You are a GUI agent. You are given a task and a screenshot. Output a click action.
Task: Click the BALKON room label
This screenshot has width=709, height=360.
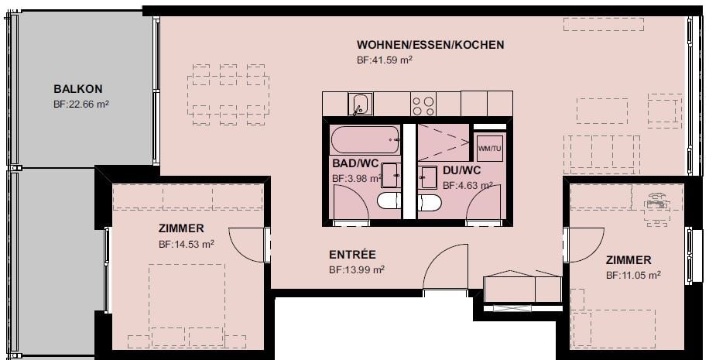click(77, 89)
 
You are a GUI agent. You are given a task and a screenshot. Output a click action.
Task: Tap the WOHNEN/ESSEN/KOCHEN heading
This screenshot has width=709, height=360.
click(430, 45)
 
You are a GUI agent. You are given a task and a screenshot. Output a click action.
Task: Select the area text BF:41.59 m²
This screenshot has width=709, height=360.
click(383, 60)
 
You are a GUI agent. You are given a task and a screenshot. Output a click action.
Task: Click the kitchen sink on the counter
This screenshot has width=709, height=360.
click(360, 104)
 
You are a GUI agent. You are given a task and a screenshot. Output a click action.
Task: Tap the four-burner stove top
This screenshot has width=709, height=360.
click(423, 104)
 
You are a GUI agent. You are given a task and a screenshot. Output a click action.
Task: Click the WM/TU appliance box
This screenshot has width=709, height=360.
click(490, 147)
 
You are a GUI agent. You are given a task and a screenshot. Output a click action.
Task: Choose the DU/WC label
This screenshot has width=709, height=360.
click(462, 170)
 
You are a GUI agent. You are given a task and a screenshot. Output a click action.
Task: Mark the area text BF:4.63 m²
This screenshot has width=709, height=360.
click(468, 185)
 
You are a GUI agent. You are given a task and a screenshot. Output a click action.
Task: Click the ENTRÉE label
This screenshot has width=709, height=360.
click(352, 255)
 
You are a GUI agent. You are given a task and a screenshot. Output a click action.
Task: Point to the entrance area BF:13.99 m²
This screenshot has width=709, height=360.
click(357, 269)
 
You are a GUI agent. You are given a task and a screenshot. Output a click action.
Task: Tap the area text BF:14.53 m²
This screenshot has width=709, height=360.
click(186, 243)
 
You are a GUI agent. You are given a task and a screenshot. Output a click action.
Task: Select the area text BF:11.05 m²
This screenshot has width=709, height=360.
click(632, 275)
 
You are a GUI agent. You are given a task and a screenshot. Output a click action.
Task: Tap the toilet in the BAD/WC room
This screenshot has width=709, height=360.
click(389, 202)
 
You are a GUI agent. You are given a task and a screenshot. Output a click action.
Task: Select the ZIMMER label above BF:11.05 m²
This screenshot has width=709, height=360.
click(629, 260)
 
